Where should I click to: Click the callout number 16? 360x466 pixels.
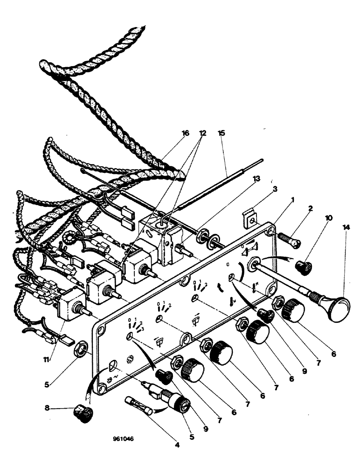[x=185, y=133]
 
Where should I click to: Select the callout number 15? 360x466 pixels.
[x=221, y=133]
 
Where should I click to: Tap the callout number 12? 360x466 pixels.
[x=202, y=133]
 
